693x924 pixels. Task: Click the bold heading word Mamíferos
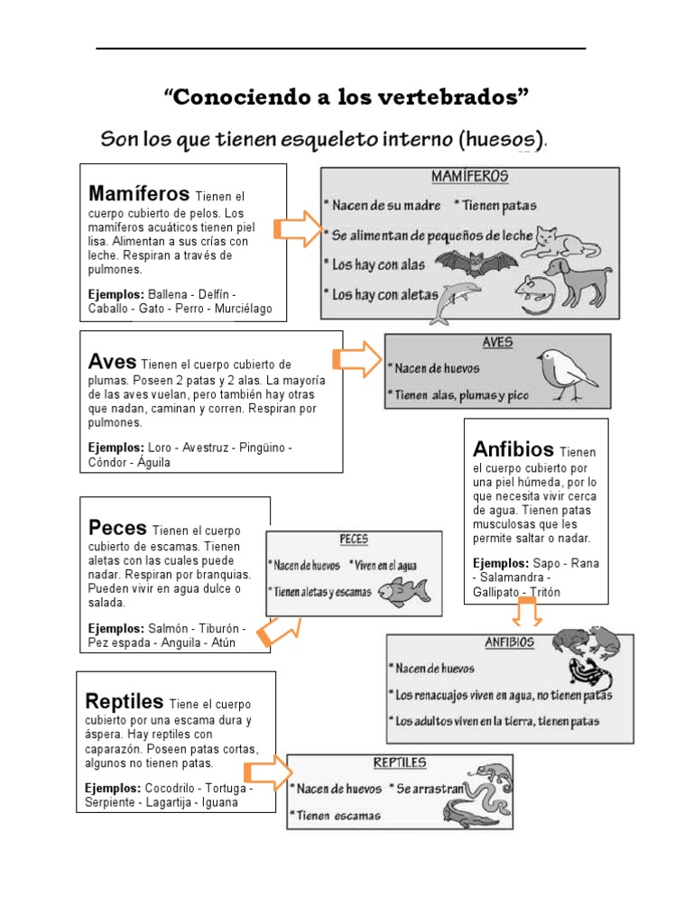click(x=138, y=194)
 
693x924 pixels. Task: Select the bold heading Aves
click(x=113, y=361)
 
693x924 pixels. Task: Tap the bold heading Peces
click(x=118, y=527)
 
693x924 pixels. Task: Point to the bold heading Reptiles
click(x=125, y=701)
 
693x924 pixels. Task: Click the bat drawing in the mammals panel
click(x=476, y=263)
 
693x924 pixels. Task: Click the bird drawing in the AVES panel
click(x=565, y=370)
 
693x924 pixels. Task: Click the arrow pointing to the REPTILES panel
click(x=269, y=772)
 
